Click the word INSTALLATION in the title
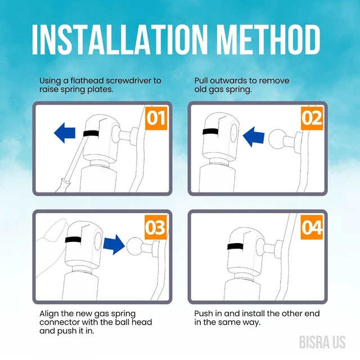click(x=119, y=39)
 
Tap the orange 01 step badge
click(x=156, y=118)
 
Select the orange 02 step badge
click(x=312, y=118)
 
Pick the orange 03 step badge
click(x=156, y=227)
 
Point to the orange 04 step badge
click(x=312, y=227)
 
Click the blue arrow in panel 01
click(x=65, y=133)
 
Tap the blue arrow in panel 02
click(x=254, y=137)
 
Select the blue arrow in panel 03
click(x=114, y=245)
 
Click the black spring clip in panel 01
click(x=91, y=134)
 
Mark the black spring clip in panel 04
click(x=236, y=246)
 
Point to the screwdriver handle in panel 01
click(x=63, y=185)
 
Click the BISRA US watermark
click(x=322, y=343)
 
